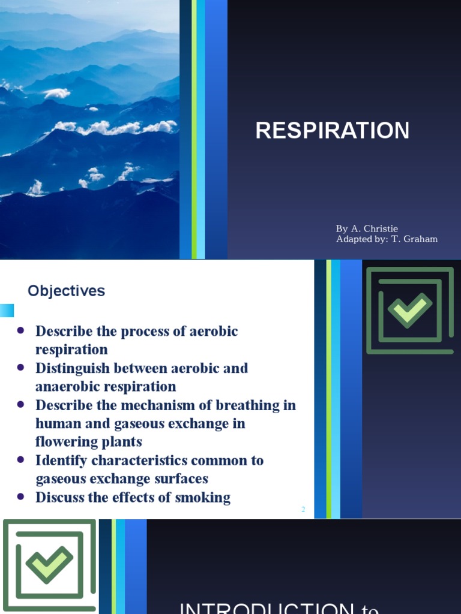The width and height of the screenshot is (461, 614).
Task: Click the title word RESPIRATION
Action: click(333, 131)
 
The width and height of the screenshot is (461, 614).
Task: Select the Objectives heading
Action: click(66, 291)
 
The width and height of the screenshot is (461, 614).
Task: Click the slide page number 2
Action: click(303, 510)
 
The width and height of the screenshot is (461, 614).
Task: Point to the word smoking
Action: click(202, 497)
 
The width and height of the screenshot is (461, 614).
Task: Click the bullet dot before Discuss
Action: click(21, 496)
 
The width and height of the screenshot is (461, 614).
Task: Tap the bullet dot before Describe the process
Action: click(21, 330)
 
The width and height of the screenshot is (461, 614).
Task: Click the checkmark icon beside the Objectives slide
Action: click(410, 310)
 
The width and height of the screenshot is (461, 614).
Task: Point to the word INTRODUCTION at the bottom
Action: click(267, 607)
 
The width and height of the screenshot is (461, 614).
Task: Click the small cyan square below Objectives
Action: click(6, 311)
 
